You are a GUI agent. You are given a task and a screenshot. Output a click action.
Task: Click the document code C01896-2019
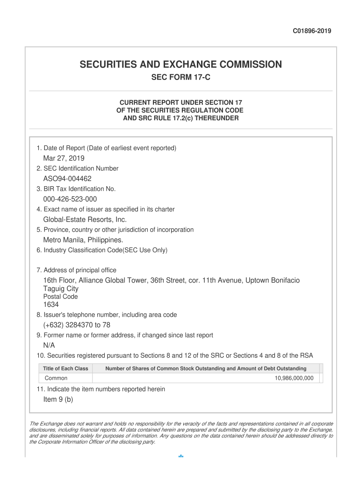click(x=312, y=31)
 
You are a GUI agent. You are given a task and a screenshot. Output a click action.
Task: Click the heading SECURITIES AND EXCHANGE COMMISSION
click(x=180, y=65)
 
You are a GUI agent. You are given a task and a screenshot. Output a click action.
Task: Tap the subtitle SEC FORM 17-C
click(x=180, y=77)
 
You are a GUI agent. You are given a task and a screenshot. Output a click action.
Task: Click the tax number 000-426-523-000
click(x=70, y=199)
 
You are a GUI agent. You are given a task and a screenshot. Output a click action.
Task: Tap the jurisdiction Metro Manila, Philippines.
click(x=83, y=240)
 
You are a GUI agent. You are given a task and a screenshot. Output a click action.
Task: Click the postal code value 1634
click(x=51, y=305)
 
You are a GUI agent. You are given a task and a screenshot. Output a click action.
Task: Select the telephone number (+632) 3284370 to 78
click(x=77, y=325)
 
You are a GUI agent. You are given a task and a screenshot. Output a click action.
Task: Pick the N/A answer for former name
click(x=49, y=346)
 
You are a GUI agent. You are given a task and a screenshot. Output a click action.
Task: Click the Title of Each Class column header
click(x=65, y=369)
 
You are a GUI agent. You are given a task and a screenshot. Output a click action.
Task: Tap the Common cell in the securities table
click(x=56, y=378)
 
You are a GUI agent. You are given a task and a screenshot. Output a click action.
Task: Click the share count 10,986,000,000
click(x=294, y=378)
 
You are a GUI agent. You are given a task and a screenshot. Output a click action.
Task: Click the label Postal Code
click(x=60, y=297)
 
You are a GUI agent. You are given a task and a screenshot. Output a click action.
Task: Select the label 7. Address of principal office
click(x=76, y=270)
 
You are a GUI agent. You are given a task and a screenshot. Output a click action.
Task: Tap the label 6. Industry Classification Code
click(x=101, y=250)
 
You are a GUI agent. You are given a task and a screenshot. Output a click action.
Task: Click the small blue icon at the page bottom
click(x=181, y=456)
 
